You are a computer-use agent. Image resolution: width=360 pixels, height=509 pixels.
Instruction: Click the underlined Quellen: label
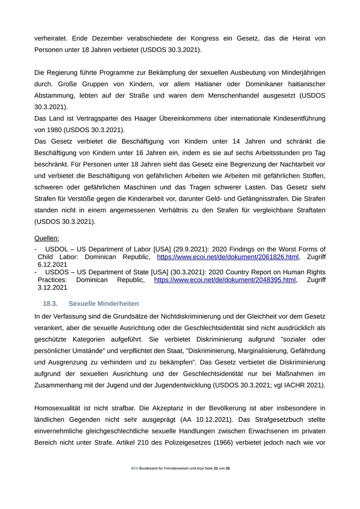click(x=46, y=238)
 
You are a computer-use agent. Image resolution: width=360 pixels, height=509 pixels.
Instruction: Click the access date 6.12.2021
click(x=52, y=264)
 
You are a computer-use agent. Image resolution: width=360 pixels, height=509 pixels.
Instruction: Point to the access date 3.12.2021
click(x=52, y=288)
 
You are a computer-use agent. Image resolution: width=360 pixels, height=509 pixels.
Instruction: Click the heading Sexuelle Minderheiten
click(x=103, y=304)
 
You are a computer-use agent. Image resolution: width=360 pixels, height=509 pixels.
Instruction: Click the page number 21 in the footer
click(x=216, y=469)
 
